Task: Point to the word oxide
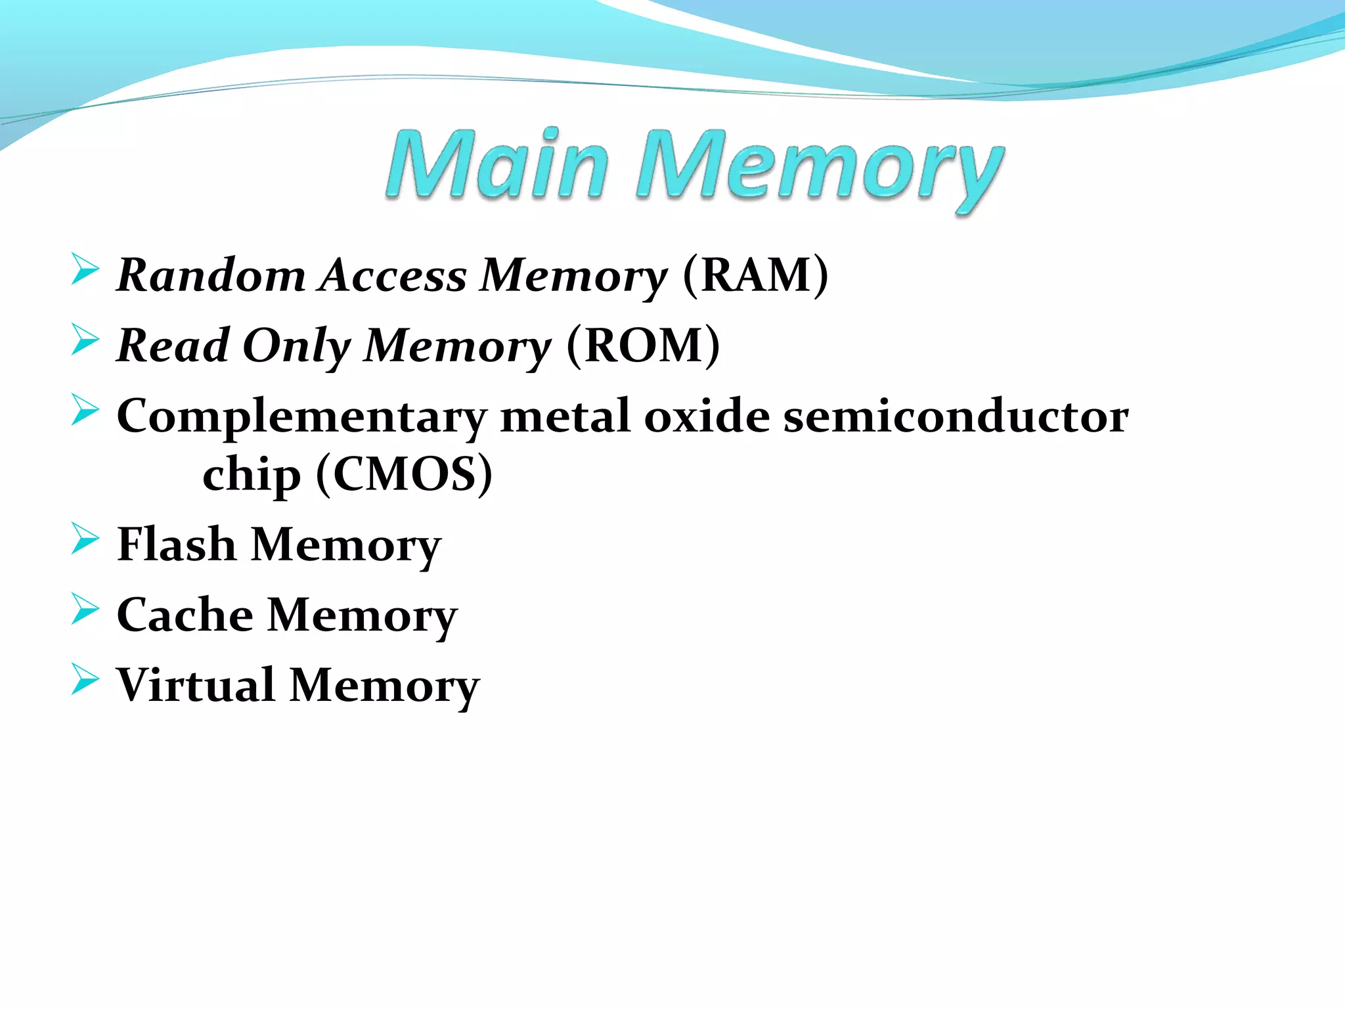click(707, 416)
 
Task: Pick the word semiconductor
click(956, 416)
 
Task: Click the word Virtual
click(195, 685)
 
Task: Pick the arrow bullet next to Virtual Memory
click(85, 679)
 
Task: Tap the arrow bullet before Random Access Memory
click(85, 269)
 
